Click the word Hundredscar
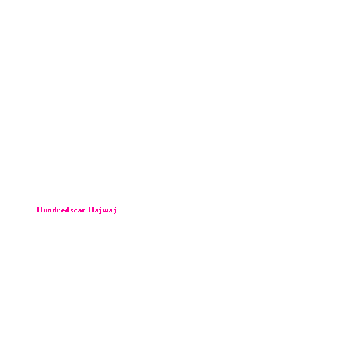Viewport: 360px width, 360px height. pyautogui.click(x=61, y=210)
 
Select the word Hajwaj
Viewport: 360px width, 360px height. pyautogui.click(x=103, y=210)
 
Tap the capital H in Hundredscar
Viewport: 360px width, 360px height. pyautogui.click(x=39, y=210)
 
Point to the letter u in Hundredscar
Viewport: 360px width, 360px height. pyautogui.click(x=45, y=210)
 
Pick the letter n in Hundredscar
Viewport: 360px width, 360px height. pyautogui.click(x=50, y=210)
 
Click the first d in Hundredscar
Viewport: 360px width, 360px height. pyautogui.click(x=55, y=210)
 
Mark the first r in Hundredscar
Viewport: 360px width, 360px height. pyautogui.click(x=59, y=210)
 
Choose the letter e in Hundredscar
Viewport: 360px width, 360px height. pyautogui.click(x=63, y=210)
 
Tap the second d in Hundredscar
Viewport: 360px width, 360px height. pyautogui.click(x=67, y=210)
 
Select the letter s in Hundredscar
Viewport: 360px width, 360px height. pyautogui.click(x=72, y=210)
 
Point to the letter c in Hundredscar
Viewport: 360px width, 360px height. pyautogui.click(x=76, y=210)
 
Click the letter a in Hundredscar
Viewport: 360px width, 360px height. pyautogui.click(x=80, y=210)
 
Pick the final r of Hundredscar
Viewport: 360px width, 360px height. pyautogui.click(x=84, y=210)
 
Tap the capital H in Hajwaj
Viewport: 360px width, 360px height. pyautogui.click(x=91, y=210)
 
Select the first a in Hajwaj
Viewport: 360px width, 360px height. pyautogui.click(x=96, y=210)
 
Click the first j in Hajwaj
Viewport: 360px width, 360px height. pyautogui.click(x=101, y=210)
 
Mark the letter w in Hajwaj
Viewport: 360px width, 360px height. pyautogui.click(x=105, y=210)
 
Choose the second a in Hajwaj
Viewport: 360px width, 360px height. pyautogui.click(x=111, y=210)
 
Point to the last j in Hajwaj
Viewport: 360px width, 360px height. pyautogui.click(x=115, y=210)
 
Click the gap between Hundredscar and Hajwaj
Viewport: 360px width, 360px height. pyautogui.click(x=86, y=210)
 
